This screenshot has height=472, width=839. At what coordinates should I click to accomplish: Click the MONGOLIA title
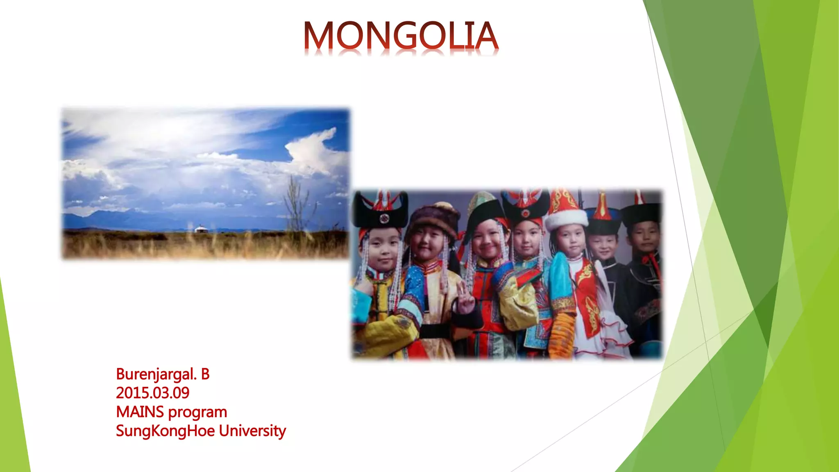pyautogui.click(x=401, y=36)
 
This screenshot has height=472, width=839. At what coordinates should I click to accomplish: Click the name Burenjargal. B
pyautogui.click(x=163, y=374)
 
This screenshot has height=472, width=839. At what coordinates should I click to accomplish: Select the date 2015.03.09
pyautogui.click(x=152, y=393)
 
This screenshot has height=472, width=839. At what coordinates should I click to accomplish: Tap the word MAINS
pyautogui.click(x=140, y=412)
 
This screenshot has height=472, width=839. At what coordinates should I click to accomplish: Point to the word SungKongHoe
pyautogui.click(x=165, y=431)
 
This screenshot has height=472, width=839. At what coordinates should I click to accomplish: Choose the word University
pyautogui.click(x=252, y=431)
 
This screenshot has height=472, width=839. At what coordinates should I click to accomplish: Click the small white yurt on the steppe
pyautogui.click(x=200, y=229)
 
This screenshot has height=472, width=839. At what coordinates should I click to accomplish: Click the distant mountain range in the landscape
pyautogui.click(x=123, y=216)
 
